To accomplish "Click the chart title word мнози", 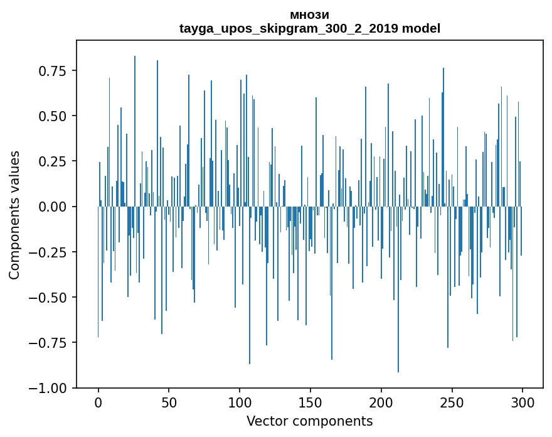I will [310, 15].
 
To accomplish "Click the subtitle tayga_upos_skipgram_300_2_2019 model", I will [310, 28].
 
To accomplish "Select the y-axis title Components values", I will [14, 215].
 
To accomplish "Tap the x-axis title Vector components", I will [310, 421].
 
